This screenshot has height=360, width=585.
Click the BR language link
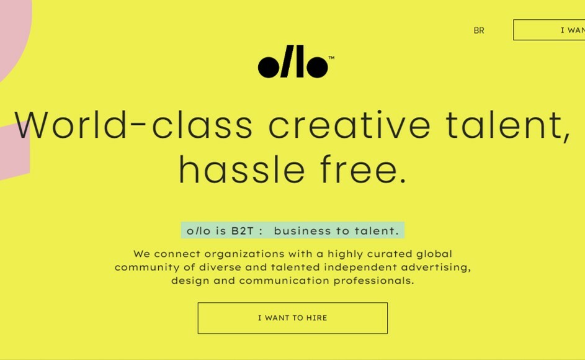479,30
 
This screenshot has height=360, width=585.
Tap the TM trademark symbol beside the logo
331,58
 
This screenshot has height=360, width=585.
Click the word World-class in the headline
133,125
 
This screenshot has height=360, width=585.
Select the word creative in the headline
349,125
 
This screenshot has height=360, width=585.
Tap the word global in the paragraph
434,254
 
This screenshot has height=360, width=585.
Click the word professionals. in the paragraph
373,281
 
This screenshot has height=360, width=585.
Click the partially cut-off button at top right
550,30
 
